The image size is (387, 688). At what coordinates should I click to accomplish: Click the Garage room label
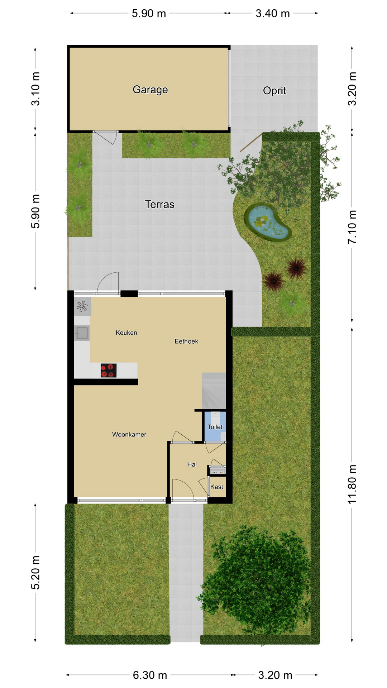click(150, 90)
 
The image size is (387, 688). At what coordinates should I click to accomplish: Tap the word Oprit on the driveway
click(274, 91)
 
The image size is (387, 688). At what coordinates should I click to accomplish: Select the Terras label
click(159, 204)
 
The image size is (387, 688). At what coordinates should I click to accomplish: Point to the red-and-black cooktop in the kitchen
click(109, 371)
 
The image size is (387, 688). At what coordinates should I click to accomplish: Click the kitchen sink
click(82, 333)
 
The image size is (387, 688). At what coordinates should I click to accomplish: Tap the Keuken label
click(126, 333)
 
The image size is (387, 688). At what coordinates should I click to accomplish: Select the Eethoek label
click(186, 341)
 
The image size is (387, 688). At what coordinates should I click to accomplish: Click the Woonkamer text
click(129, 435)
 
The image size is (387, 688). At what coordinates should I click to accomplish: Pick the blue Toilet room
click(215, 426)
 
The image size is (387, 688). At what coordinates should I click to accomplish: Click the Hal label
click(192, 465)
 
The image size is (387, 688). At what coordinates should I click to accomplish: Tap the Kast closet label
click(217, 487)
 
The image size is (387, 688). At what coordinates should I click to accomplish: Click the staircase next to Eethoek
click(214, 391)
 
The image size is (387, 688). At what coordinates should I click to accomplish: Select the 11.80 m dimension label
click(352, 484)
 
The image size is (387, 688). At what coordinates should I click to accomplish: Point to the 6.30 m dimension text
click(150, 675)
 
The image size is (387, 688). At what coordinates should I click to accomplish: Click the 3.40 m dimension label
click(273, 14)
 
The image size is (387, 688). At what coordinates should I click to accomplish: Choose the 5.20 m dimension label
click(35, 573)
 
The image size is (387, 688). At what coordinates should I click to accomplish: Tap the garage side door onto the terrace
click(106, 137)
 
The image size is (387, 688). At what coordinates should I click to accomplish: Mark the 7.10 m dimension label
click(352, 227)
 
